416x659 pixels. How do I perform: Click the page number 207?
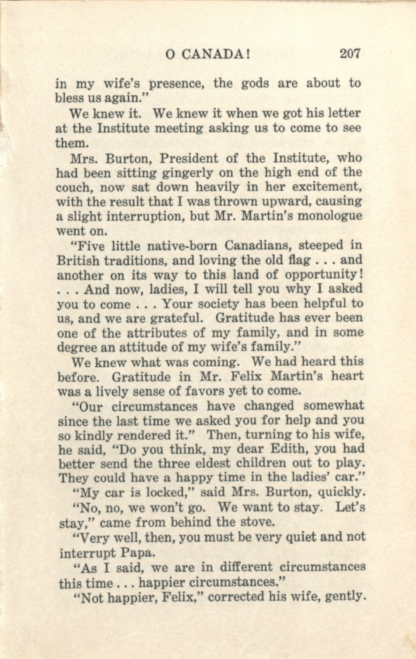click(x=350, y=54)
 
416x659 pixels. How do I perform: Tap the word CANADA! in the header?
click(x=216, y=55)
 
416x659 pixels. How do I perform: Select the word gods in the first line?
click(x=255, y=83)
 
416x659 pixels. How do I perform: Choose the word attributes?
click(x=157, y=333)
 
